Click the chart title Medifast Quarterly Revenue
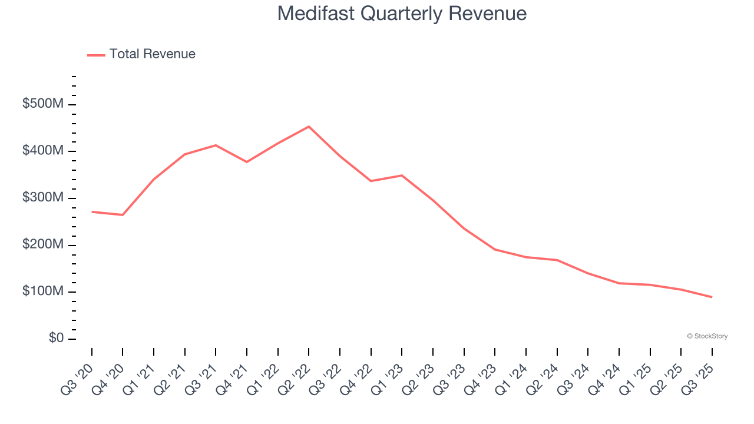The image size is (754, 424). coord(402,13)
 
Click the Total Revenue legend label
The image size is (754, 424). coord(152,54)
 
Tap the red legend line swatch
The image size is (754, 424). coord(96,55)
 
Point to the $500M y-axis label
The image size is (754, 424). coord(42,104)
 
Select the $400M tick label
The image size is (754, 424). coord(42,151)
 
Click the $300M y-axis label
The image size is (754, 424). coord(42,198)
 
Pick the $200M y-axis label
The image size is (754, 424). coord(42,245)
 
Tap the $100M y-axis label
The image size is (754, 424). coord(42,291)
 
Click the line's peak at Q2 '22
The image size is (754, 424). coord(309,127)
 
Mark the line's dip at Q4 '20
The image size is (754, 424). coord(123,215)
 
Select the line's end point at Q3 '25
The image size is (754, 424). coord(712,297)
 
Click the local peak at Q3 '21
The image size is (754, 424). coord(216,145)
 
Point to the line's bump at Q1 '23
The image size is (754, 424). coord(402,175)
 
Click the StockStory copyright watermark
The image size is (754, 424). coord(707,336)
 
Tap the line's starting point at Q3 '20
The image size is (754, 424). coord(92,211)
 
